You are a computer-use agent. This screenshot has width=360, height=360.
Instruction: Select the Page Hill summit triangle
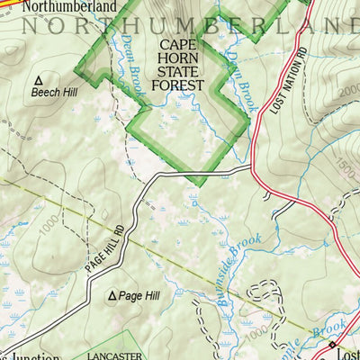point(112,295)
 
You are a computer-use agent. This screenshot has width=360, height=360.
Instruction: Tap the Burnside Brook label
point(238,270)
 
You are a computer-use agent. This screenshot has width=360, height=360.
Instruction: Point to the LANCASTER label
point(114,355)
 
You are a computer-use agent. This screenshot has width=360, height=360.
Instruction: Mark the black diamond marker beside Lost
point(331,344)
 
